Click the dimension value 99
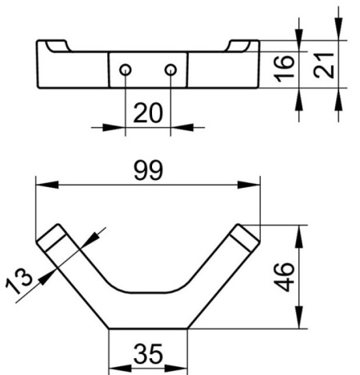(x=149, y=170)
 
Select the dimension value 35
(x=149, y=352)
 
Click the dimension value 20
(x=147, y=113)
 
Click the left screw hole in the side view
(x=125, y=70)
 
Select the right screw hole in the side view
(x=170, y=70)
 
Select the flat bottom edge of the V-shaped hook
(x=148, y=328)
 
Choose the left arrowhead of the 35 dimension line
(x=115, y=369)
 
